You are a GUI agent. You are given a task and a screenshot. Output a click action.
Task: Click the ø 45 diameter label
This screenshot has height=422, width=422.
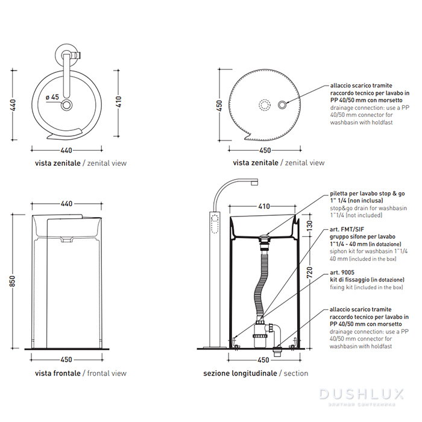tap(52, 96)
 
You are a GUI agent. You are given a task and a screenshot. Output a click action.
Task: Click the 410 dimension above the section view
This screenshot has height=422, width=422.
tap(264, 206)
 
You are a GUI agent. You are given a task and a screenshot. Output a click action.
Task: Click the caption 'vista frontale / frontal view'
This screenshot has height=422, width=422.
tap(81, 373)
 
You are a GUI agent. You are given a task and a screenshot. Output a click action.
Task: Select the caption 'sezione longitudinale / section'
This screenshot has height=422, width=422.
tap(256, 373)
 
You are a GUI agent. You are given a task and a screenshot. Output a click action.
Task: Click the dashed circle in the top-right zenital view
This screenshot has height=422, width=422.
tap(263, 104)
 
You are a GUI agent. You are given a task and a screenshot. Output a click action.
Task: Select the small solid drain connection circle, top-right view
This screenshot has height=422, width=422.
tap(282, 104)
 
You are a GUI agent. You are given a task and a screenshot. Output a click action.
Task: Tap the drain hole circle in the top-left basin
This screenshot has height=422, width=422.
tap(67, 106)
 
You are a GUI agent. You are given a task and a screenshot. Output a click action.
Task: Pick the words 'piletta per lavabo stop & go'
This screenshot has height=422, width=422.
tap(367, 194)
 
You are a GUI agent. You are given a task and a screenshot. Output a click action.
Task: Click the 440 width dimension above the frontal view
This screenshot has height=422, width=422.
tap(66, 204)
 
